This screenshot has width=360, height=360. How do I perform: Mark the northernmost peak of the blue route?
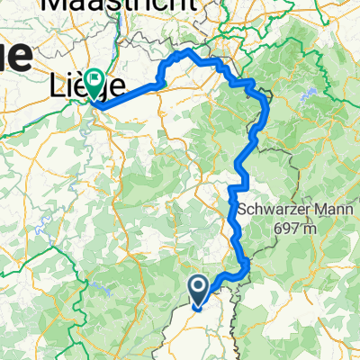pyautogui.click(x=189, y=52)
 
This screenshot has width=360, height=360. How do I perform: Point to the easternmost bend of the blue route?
pyautogui.click(x=267, y=106)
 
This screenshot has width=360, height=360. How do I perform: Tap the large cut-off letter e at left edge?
pyautogui.click(x=16, y=58)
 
